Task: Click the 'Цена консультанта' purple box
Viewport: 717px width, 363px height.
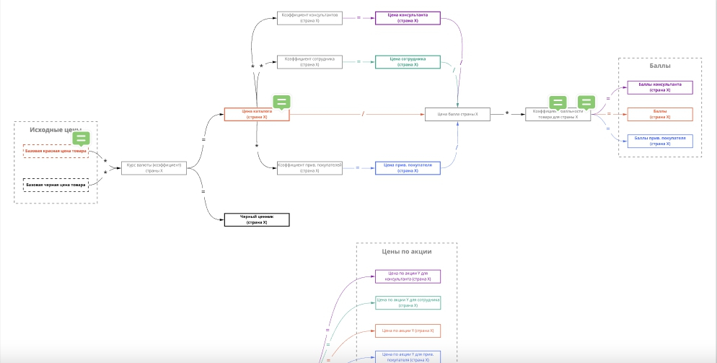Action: coord(408,18)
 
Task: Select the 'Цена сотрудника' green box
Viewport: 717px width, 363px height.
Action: coord(408,62)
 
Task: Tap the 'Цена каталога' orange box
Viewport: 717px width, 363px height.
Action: coord(256,114)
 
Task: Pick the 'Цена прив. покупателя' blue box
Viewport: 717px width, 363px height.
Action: coord(408,167)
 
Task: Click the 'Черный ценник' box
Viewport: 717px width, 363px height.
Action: coord(256,220)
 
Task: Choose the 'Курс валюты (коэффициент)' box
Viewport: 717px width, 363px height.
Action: coord(154,168)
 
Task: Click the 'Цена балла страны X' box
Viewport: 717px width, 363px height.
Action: coord(457,114)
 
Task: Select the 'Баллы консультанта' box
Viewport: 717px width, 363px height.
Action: coord(659,87)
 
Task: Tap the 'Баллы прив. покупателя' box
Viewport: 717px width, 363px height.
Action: coord(659,141)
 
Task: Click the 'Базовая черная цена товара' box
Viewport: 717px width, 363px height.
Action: coord(56,185)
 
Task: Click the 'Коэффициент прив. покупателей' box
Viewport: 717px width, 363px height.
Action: coord(309,167)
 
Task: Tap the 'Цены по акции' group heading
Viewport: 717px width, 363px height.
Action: coord(407,252)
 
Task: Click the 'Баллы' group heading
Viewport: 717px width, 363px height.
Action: coord(659,66)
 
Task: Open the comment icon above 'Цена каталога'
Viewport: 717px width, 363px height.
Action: coord(281,102)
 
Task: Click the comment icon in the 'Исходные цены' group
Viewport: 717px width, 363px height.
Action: coord(82,137)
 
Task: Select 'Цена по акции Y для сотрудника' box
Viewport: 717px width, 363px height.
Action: coord(408,302)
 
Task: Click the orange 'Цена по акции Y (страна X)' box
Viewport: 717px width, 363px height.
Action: coord(408,331)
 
